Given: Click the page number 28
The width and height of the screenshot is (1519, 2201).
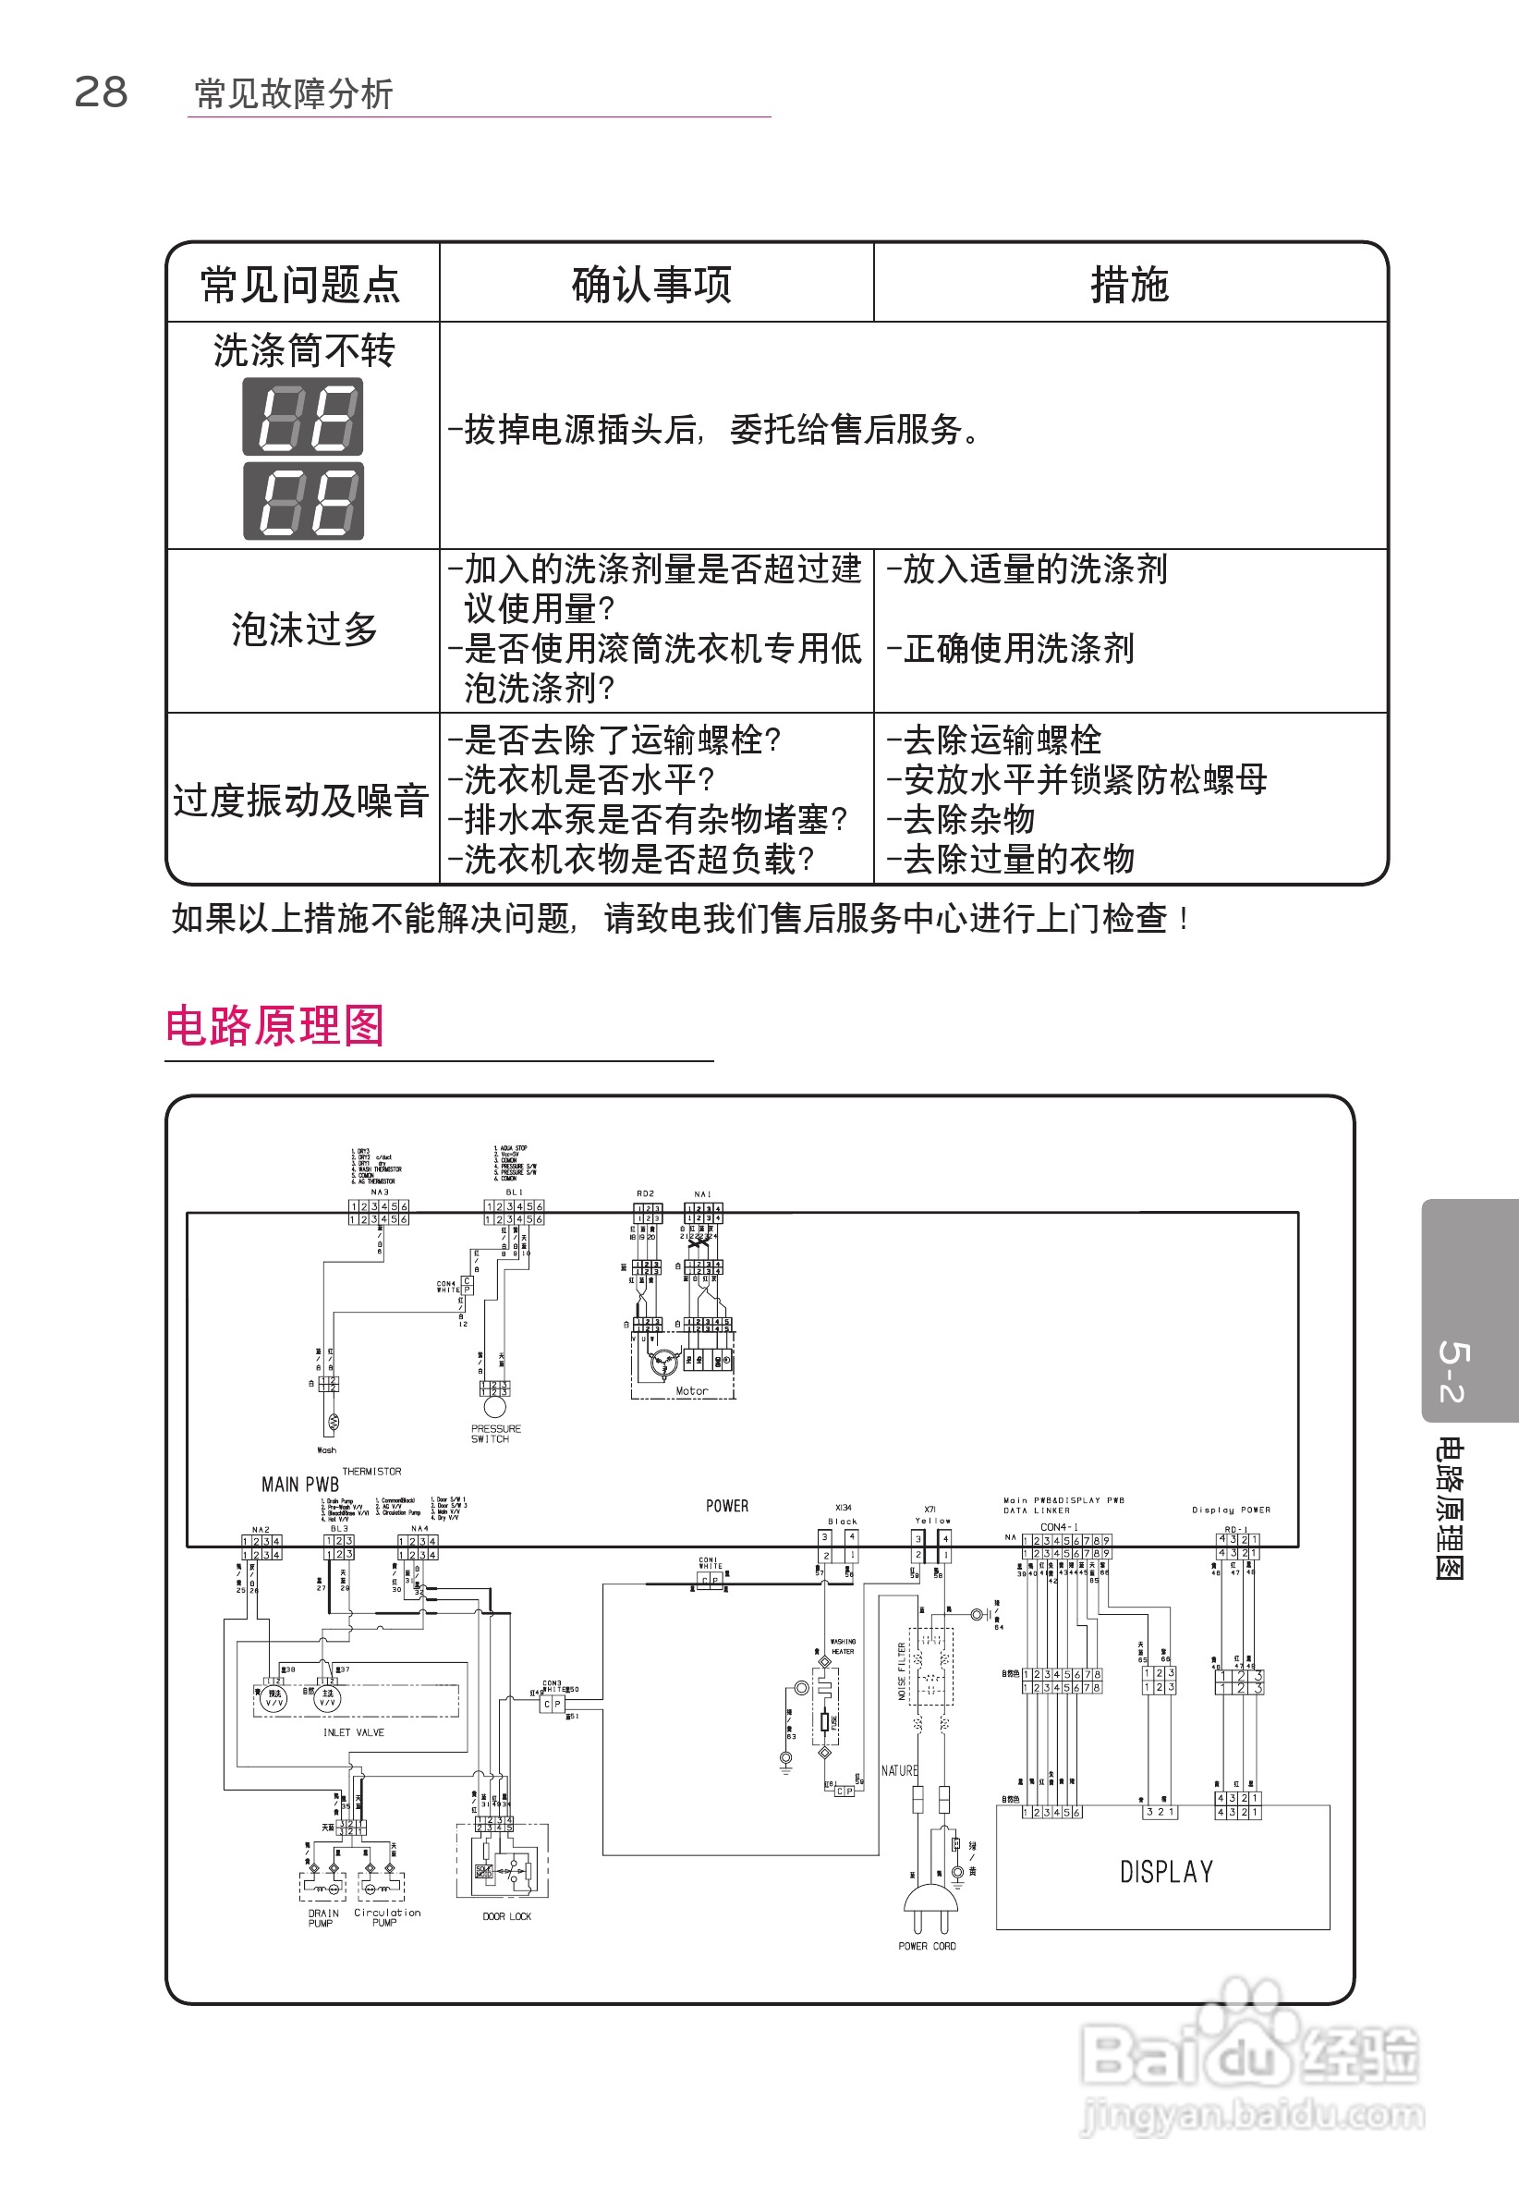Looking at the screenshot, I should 101,92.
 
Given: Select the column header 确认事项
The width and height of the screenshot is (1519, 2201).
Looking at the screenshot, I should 651,285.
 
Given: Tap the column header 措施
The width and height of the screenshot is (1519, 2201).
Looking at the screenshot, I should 1129,285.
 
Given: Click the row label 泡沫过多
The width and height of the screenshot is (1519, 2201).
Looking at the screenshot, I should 305,630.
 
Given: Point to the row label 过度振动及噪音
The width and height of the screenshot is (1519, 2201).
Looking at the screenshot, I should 301,801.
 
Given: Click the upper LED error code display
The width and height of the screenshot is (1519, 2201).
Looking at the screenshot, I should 303,416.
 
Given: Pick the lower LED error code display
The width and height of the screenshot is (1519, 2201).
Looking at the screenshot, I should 303,501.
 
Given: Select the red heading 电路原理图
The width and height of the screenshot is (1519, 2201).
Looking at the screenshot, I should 275,1026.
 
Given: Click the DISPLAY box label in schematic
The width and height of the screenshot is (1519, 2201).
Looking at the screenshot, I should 1166,1873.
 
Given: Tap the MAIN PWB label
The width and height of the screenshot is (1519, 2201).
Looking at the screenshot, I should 299,1485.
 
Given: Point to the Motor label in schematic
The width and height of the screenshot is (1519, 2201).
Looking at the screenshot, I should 691,1391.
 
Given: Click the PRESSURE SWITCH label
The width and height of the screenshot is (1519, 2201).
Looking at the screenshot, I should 495,1434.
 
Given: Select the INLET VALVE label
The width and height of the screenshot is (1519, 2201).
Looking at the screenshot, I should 353,1732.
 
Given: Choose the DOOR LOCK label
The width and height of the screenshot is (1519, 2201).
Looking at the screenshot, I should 506,1916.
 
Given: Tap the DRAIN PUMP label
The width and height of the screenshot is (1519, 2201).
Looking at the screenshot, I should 322,1917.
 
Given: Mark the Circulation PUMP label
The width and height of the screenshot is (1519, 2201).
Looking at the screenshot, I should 386,1916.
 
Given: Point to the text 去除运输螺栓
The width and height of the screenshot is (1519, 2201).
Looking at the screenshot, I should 1003,740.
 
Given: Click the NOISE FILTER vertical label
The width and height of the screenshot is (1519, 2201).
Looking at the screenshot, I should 901,1670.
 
